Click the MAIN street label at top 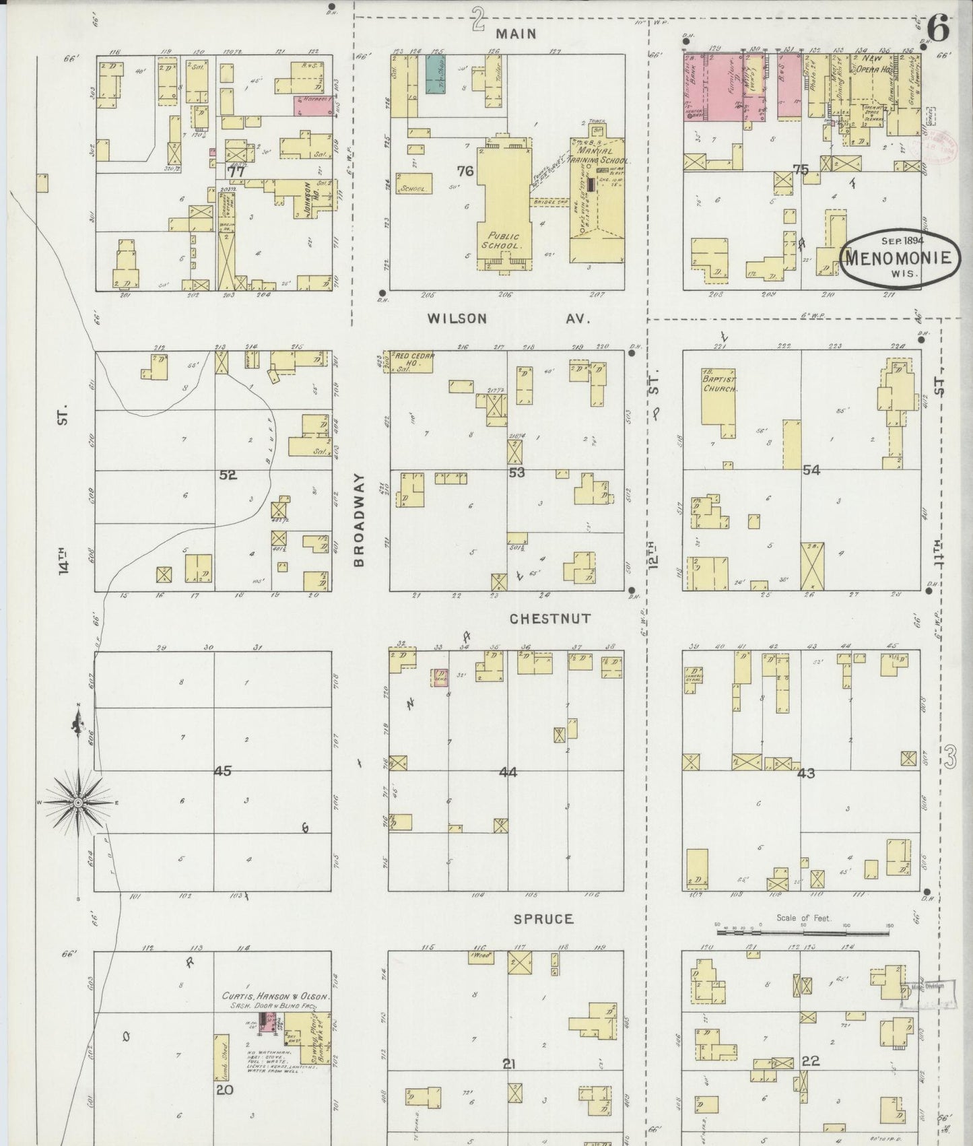pyautogui.click(x=518, y=34)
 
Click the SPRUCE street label pyautogui.click(x=543, y=918)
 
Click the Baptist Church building pyautogui.click(x=719, y=397)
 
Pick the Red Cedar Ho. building pyautogui.click(x=412, y=361)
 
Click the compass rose pyautogui.click(x=78, y=801)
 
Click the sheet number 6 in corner pyautogui.click(x=938, y=29)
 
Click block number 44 pyautogui.click(x=508, y=772)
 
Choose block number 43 pyautogui.click(x=805, y=773)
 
